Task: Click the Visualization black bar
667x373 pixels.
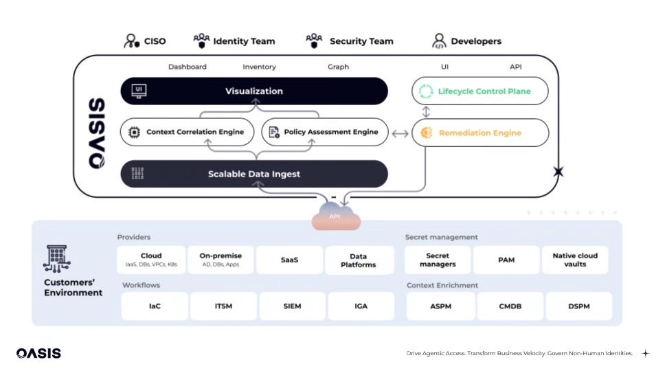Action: [254, 91]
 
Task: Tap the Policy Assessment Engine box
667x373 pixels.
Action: [324, 132]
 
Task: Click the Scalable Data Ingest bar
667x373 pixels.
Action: [254, 174]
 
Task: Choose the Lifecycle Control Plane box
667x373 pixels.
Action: [480, 91]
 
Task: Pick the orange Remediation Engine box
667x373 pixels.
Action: [480, 133]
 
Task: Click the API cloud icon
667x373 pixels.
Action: [335, 216]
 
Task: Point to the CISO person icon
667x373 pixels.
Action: [131, 41]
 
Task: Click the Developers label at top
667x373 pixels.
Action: [475, 41]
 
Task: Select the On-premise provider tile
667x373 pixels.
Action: [220, 260]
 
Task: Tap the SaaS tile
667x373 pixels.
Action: [289, 260]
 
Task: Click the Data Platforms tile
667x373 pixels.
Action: [359, 260]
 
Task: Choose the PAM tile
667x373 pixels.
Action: [506, 260]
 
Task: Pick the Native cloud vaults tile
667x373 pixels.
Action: [575, 260]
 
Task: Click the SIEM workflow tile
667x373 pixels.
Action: [292, 306]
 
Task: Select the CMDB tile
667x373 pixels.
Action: [510, 306]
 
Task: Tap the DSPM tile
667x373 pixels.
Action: [578, 306]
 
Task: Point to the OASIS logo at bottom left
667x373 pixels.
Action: [38, 353]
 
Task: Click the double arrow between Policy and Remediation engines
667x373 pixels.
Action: [400, 133]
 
